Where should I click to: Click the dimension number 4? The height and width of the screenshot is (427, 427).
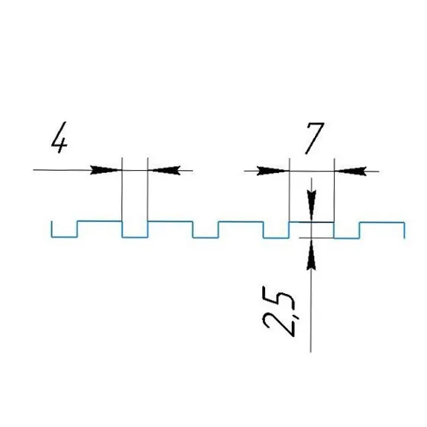pos(59,137)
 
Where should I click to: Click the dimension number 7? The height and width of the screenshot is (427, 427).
pos(315,138)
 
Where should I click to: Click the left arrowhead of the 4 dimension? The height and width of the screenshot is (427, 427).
pos(106,169)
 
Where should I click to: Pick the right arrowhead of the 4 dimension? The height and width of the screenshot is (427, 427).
pos(164,170)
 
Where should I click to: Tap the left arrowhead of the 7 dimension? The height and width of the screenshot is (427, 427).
pos(273,171)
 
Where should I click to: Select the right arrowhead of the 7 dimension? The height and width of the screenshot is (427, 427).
pos(351,172)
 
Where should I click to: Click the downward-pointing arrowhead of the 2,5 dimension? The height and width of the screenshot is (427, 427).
pos(311,206)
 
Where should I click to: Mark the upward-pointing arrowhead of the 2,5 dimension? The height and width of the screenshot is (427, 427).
pos(311,254)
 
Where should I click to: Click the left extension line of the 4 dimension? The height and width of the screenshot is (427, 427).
pos(122,189)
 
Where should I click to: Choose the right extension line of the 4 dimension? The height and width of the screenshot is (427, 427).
pos(148,189)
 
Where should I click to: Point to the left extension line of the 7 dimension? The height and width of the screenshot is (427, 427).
pos(290,190)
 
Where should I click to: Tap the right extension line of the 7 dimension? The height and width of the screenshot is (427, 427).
pos(334,190)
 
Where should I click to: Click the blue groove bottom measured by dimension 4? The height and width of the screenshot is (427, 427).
pos(135,237)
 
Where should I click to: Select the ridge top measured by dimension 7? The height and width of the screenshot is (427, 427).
pos(312,222)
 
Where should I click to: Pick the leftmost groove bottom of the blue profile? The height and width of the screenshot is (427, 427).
pos(65,237)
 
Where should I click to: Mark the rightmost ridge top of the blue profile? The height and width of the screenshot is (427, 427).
pos(382,223)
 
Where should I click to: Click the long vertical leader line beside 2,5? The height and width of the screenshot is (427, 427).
pos(310,311)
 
